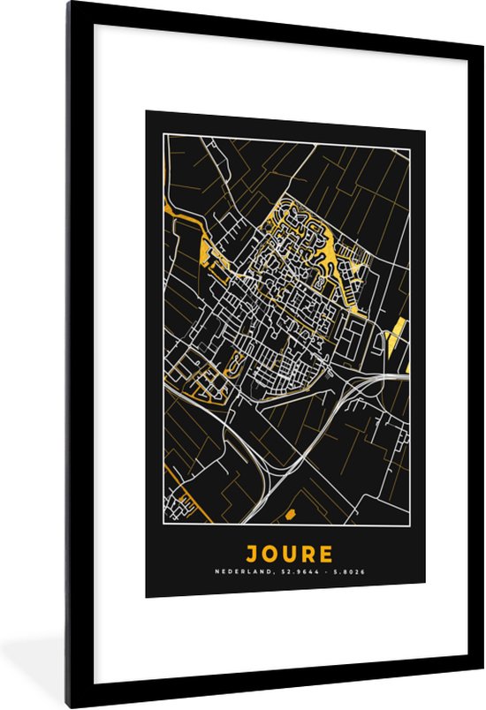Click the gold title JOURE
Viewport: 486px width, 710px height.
(x=289, y=555)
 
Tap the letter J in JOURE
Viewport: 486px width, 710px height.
(x=252, y=555)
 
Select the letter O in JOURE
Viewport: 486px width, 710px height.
(x=270, y=555)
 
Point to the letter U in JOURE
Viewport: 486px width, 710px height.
(x=289, y=555)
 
